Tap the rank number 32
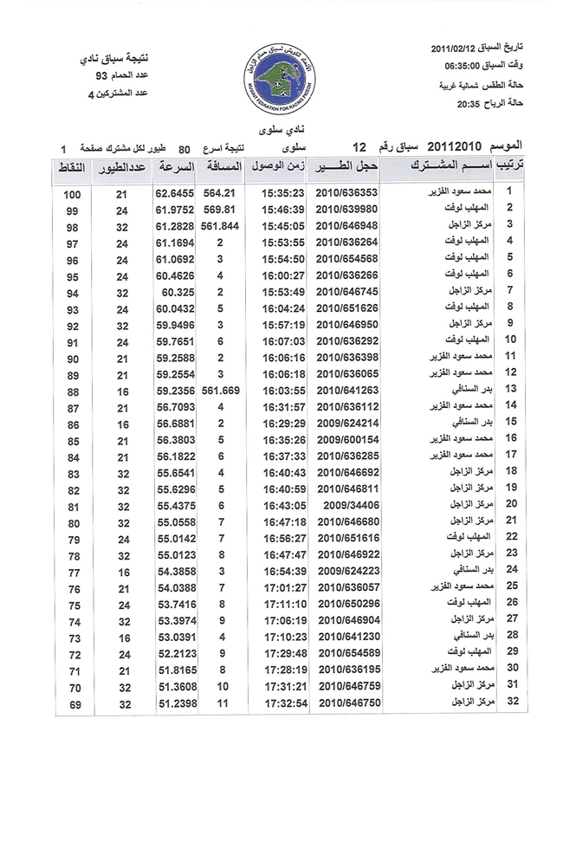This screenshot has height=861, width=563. (510, 701)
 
